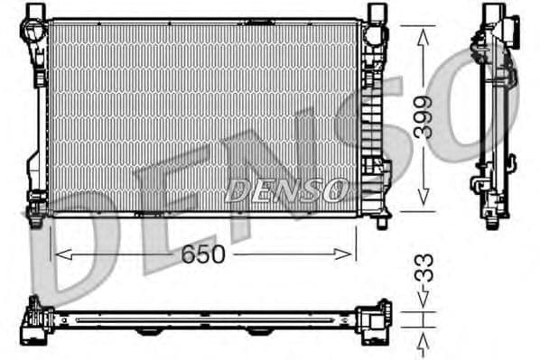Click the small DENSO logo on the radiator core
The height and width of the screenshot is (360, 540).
pyautogui.click(x=285, y=189)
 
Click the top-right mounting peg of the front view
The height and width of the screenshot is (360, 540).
pyautogui.click(x=376, y=13)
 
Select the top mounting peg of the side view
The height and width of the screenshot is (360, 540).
pyautogui.click(x=494, y=13)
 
